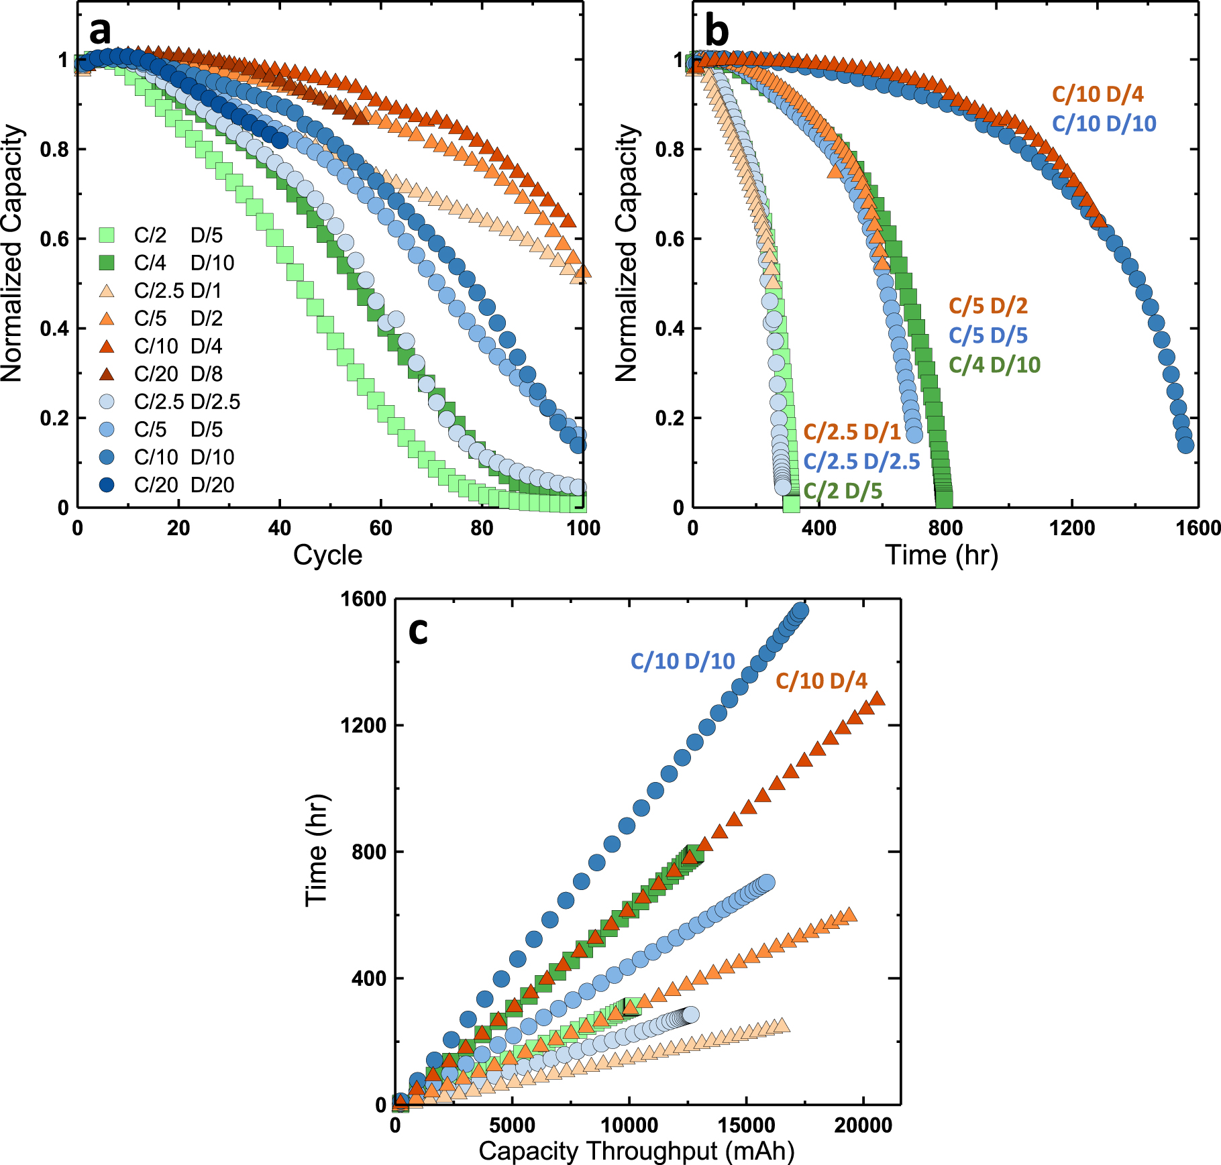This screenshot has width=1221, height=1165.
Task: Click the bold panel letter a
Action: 100,31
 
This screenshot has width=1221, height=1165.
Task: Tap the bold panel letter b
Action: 716,31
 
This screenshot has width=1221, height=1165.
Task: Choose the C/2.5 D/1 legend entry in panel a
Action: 177,291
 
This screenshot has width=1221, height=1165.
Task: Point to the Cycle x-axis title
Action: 327,555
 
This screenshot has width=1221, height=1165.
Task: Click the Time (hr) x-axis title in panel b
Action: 941,555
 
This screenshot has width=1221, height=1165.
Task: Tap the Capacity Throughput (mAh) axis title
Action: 636,1151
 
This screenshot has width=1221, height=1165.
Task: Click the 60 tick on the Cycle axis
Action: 380,529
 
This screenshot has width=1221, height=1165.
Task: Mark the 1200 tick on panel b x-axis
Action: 1071,529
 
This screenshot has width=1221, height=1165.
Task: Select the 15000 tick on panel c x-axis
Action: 746,1125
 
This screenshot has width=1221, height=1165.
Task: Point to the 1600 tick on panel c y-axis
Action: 364,599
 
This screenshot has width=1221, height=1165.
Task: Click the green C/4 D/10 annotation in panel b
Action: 994,365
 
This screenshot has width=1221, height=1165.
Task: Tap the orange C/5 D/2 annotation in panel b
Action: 988,306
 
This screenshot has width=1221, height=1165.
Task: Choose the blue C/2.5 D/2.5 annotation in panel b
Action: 861,461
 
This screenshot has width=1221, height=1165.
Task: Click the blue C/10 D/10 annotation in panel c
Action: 682,661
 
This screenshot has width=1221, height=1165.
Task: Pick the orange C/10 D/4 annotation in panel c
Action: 821,681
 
